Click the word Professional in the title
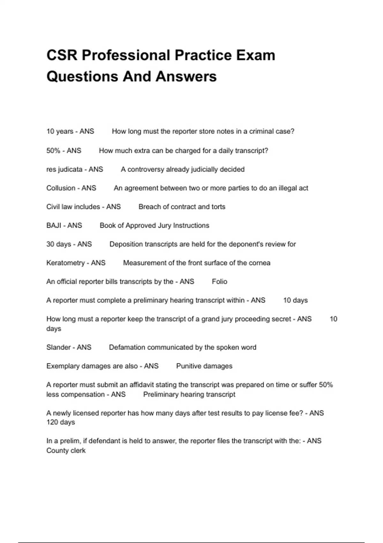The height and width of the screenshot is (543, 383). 126,55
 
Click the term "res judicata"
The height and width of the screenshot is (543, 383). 64,169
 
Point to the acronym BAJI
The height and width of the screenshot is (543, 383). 54,226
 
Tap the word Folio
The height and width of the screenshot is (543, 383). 220,282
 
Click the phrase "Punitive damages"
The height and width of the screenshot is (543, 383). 204,366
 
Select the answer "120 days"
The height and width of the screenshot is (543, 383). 61,422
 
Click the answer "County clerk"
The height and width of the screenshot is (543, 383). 66,451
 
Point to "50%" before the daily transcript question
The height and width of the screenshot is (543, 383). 53,151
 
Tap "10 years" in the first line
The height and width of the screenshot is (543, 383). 60,131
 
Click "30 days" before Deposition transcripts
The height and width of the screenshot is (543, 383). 59,244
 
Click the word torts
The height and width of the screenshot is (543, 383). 218,207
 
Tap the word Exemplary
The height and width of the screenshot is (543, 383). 63,366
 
